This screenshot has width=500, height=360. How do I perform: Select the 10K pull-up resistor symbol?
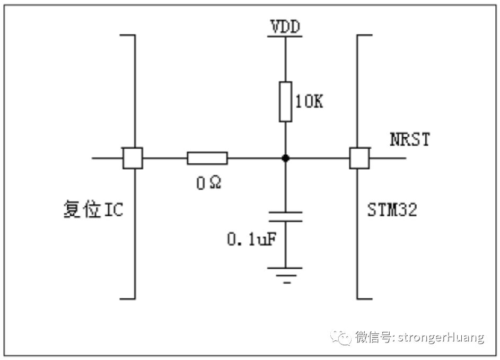[x=285, y=101]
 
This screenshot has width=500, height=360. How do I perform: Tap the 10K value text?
[x=309, y=102]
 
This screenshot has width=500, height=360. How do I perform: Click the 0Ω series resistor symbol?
[x=207, y=158]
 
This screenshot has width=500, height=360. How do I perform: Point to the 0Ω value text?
[x=207, y=183]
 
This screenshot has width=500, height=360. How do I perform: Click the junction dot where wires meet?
[x=285, y=158]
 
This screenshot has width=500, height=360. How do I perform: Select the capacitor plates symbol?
[x=285, y=216]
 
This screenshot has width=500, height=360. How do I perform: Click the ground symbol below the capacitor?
[x=285, y=274]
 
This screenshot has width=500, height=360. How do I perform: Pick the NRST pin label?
[x=409, y=140]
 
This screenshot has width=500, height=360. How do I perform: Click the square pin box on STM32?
[x=359, y=158]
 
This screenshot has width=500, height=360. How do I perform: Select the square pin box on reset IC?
[x=133, y=158]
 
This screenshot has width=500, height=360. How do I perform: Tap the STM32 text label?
[x=392, y=210]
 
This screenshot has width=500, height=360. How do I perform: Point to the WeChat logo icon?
[x=340, y=337]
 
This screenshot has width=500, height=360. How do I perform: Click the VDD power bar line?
[x=285, y=37]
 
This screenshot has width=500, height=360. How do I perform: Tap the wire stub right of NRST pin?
[x=388, y=158]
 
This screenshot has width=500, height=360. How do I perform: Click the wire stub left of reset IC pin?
[x=107, y=158]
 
